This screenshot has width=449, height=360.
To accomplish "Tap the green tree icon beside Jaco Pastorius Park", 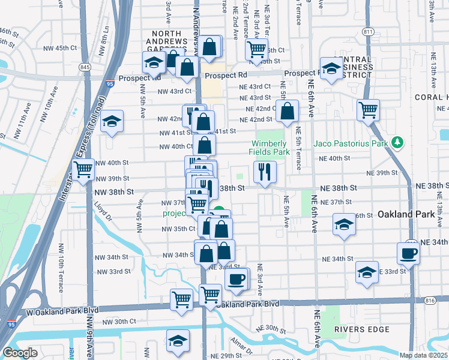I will (396, 143).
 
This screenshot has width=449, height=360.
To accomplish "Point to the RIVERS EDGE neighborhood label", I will (366, 329).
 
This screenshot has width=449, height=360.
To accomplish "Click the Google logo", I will (20, 353).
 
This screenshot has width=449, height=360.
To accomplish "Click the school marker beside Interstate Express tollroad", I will (111, 122).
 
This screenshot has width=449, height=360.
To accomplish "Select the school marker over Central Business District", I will (331, 68).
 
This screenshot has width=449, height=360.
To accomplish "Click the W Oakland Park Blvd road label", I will (49, 312).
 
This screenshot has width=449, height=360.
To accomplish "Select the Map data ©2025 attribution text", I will (423, 355).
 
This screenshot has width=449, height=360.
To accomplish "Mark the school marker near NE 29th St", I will (178, 342).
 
